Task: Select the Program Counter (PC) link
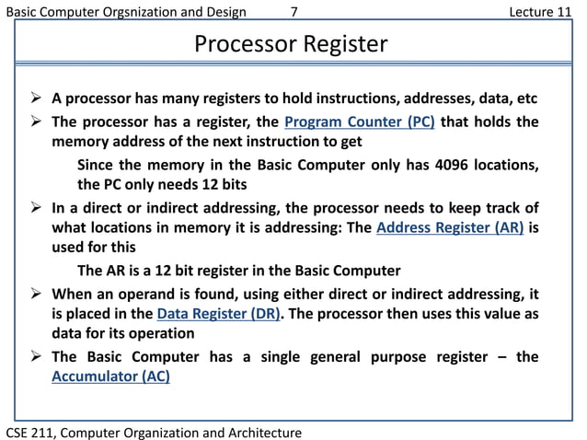(x=360, y=123)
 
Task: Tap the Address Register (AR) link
(x=451, y=229)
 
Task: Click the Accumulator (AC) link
(x=110, y=376)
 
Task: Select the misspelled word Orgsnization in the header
(x=128, y=11)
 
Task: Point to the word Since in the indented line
(x=99, y=165)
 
